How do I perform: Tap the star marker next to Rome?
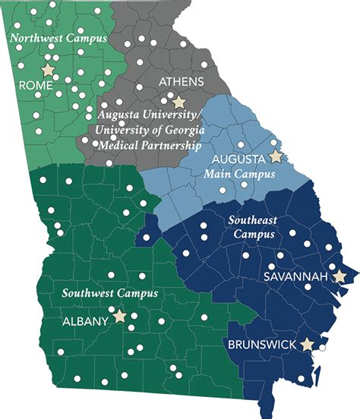[x=49, y=70]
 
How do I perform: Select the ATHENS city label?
[x=177, y=80]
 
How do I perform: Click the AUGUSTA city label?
[x=237, y=159]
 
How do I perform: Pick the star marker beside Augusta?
[x=275, y=156]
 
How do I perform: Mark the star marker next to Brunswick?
[x=307, y=345]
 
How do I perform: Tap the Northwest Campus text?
[x=58, y=37]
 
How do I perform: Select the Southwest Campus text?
[x=110, y=292]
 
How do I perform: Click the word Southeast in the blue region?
[x=253, y=219]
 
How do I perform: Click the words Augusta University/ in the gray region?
[x=150, y=115]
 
